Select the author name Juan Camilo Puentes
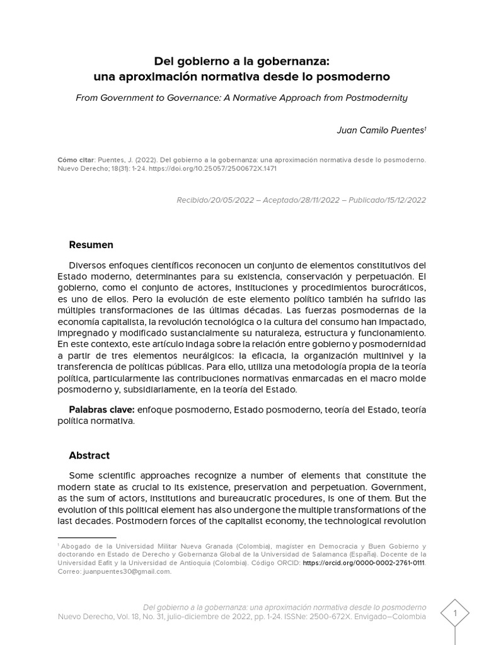click(x=381, y=130)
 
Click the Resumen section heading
click(x=91, y=244)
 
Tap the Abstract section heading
click(x=89, y=455)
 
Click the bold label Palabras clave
click(x=101, y=409)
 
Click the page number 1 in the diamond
click(x=454, y=612)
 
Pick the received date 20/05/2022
click(x=231, y=200)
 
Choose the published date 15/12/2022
click(x=403, y=200)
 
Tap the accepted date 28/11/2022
click(x=317, y=200)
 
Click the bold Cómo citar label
click(x=74, y=160)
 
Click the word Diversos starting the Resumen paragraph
click(x=88, y=265)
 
